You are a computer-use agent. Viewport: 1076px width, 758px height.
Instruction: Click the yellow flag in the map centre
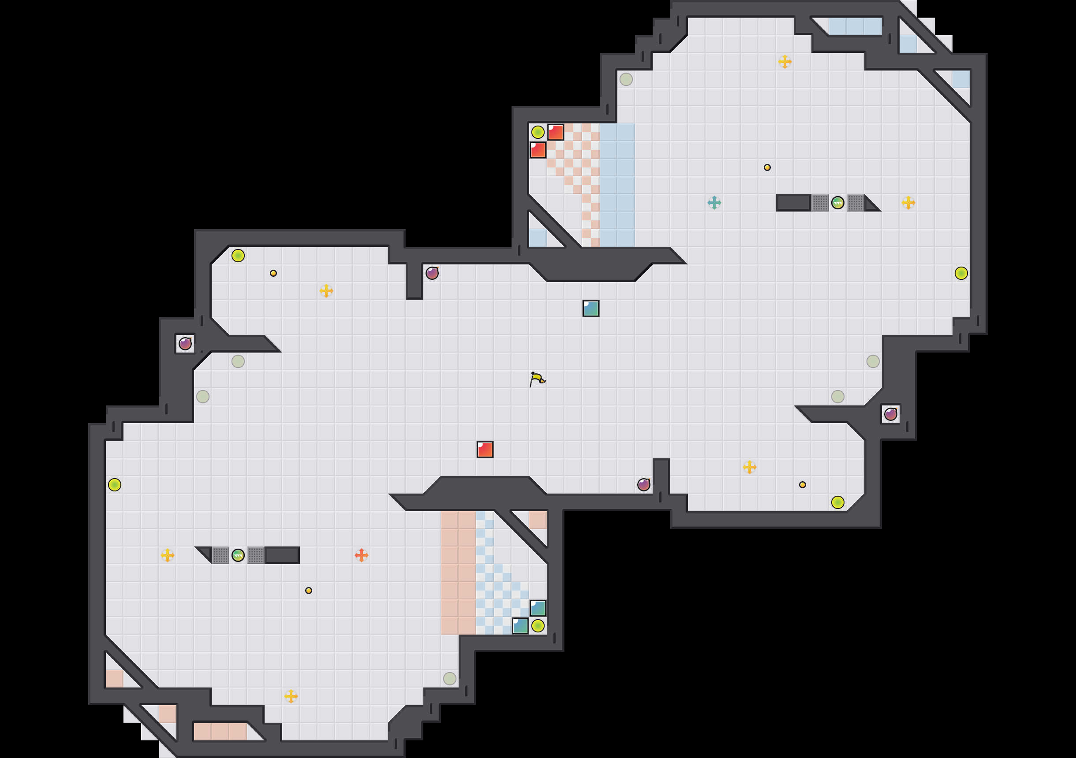(537, 379)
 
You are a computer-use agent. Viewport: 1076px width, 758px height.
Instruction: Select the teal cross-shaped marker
(714, 202)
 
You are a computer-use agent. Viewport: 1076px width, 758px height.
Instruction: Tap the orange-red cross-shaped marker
(361, 555)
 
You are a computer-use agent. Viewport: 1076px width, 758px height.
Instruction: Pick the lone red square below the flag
(485, 449)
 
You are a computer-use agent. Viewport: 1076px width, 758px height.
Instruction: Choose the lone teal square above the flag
(590, 308)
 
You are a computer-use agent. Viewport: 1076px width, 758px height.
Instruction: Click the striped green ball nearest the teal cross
(837, 202)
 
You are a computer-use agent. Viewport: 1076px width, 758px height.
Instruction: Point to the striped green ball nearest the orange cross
(238, 555)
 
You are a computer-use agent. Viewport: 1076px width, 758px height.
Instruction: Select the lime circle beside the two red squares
(538, 132)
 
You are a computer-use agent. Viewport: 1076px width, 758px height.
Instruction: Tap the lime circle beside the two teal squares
(538, 625)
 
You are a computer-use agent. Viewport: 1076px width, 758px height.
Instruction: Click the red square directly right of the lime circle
(555, 132)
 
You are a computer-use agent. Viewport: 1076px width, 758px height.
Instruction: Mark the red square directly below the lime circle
(538, 150)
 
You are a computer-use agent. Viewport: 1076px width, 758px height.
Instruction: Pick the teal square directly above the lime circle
(538, 608)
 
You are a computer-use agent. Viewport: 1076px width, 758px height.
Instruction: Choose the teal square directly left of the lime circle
(520, 625)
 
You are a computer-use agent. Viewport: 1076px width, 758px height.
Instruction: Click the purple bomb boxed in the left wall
(185, 343)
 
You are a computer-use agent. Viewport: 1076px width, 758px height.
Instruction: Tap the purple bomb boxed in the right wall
(890, 414)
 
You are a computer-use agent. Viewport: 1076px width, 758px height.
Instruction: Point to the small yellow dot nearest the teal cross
(767, 167)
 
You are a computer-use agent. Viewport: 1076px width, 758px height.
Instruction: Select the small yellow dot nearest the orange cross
(308, 590)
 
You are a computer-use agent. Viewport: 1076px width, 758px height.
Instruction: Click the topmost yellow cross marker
(785, 61)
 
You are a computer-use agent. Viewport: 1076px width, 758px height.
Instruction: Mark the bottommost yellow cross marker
(291, 696)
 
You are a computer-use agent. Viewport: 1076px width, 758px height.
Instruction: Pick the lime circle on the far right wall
(961, 273)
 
